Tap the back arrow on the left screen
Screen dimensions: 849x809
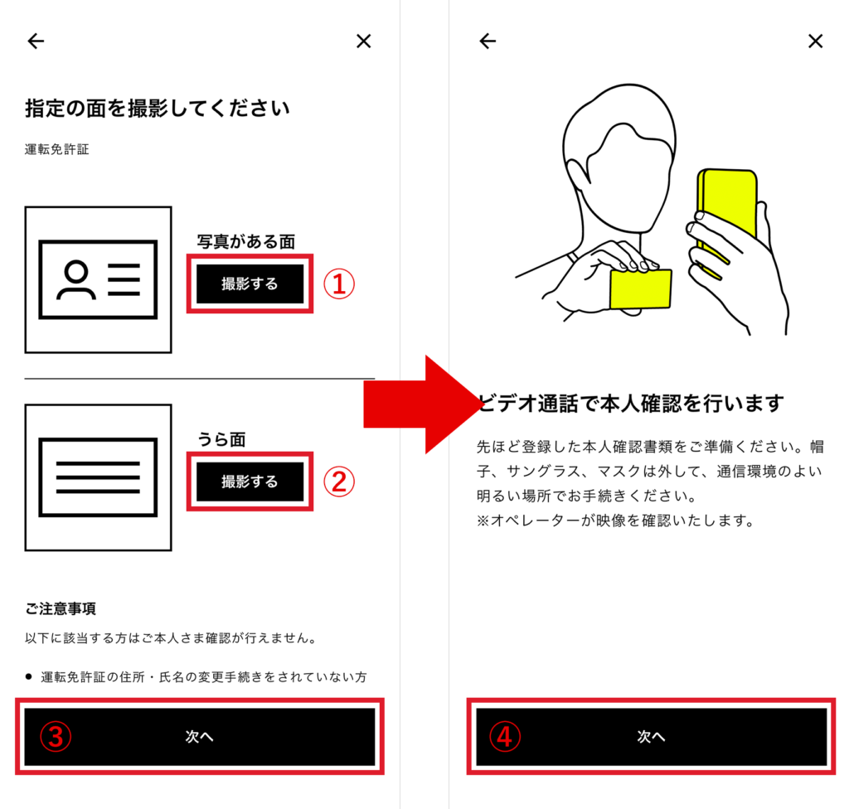(36, 41)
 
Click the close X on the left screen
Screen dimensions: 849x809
(364, 41)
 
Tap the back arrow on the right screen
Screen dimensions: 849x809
(488, 41)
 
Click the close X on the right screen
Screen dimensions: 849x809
(816, 41)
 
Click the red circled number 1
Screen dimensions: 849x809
(339, 284)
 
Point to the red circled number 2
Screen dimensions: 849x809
(339, 482)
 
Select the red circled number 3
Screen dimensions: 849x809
(56, 737)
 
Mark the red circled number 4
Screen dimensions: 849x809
(505, 737)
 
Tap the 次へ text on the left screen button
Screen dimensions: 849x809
(199, 736)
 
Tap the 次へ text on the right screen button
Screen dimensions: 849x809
(651, 736)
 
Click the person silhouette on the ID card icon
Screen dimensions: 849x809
(76, 279)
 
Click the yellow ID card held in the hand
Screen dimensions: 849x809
(641, 288)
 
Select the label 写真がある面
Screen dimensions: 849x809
(245, 241)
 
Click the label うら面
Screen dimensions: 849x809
(221, 439)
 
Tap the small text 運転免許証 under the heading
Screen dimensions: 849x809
(57, 149)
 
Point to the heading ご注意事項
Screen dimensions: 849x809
(60, 608)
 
